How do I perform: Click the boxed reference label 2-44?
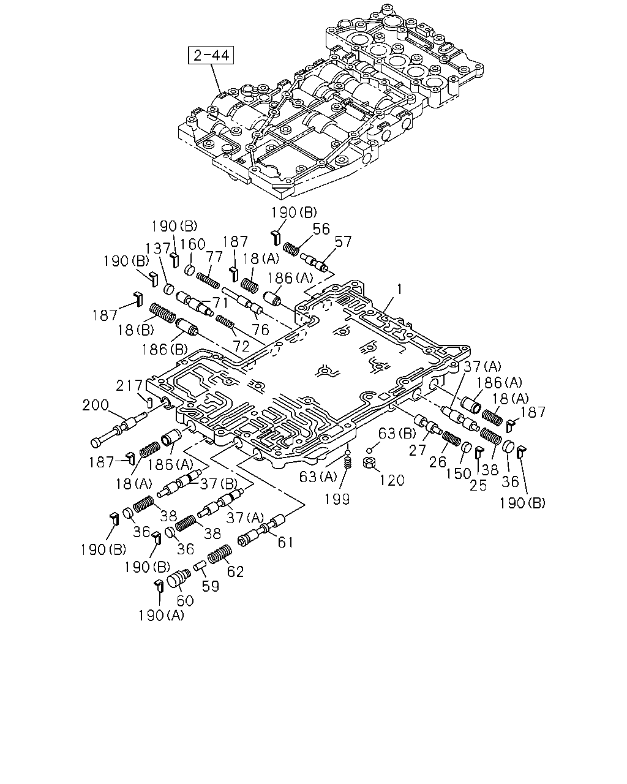pos(211,55)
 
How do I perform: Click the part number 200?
pos(95,405)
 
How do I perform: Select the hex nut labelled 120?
pos(369,463)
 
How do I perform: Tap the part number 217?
pos(129,386)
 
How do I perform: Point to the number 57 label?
pos(343,241)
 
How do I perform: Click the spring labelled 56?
pos(291,249)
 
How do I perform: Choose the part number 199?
pos(337,499)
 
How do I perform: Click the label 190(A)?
pos(160,616)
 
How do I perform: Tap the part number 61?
pos(285,543)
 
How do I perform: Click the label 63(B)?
pos(397,433)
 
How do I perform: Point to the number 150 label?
pos(458,473)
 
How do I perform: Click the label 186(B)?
pos(164,350)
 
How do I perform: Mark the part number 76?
pos(260,330)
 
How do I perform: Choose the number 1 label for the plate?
pos(399,290)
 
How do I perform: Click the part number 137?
pos(158,249)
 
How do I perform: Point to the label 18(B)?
pos(135,330)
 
